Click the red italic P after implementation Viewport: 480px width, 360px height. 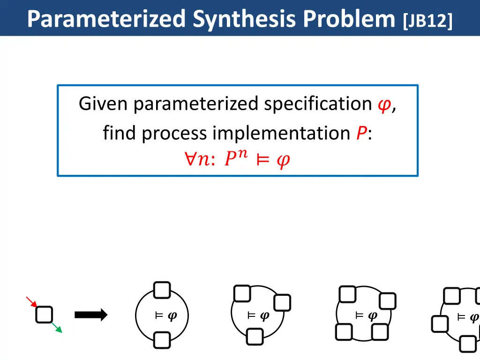coord(360,134)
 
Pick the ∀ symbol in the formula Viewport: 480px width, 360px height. coord(190,160)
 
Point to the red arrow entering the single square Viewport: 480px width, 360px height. coord(31,301)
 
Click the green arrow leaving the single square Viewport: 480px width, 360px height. coord(56,327)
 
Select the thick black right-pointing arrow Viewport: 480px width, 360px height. coord(91,315)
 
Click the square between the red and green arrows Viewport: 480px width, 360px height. coord(44,315)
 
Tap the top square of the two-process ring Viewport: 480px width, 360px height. coord(162,290)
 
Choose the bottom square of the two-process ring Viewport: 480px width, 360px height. coord(162,340)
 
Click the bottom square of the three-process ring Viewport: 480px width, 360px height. coord(254,337)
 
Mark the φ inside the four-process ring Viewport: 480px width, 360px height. coord(373,315)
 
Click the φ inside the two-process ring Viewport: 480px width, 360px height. coord(172,315)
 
